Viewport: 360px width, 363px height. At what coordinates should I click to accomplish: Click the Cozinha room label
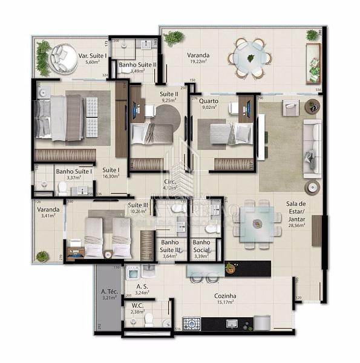point(224,296)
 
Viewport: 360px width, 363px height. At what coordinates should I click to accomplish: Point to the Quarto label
point(209,102)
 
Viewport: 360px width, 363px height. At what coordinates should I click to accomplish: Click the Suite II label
point(169,94)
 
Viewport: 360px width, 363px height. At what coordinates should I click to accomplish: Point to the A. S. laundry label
point(143,286)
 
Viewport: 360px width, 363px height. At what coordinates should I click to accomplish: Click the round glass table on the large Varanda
point(250,58)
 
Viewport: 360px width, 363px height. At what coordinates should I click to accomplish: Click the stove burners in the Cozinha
point(192,324)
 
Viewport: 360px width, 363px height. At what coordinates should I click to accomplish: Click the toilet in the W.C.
point(149,319)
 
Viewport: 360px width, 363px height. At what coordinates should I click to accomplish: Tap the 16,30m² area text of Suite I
point(110,177)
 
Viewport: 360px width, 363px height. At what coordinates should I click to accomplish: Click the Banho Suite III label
point(170,246)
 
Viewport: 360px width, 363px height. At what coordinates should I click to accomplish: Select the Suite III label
point(138,204)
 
